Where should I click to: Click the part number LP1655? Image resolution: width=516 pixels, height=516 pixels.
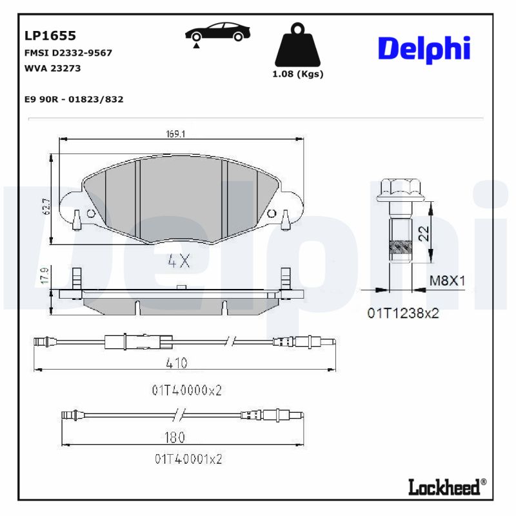50,36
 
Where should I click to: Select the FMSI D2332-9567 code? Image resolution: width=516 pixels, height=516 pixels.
68,53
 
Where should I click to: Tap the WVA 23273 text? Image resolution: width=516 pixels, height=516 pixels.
52,68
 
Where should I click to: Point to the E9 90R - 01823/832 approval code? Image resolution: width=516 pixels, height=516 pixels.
73,99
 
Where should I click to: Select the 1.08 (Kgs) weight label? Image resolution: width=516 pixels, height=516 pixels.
297,74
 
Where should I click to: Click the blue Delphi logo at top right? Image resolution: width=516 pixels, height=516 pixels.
424,49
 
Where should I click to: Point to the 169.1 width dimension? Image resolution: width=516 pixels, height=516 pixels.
175,134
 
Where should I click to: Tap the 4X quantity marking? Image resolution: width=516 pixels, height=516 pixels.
179,261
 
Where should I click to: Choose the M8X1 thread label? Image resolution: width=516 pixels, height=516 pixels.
448,281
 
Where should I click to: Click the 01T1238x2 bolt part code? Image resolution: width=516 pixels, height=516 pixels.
403,313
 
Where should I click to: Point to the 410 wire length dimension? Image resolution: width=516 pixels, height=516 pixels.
176,364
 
